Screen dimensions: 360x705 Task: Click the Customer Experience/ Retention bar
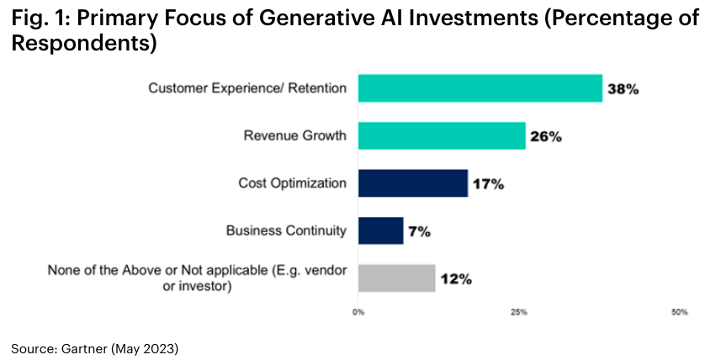tap(480, 88)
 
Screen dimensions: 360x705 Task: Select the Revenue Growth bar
tap(442, 135)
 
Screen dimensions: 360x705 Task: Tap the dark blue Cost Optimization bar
tap(412, 183)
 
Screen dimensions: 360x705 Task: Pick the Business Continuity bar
tap(380, 230)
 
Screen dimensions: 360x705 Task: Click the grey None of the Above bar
tap(396, 278)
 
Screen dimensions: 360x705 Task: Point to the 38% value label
tap(623, 88)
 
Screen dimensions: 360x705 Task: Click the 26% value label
tap(545, 136)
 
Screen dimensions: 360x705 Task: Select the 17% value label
tap(487, 183)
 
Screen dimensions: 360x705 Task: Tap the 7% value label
tap(420, 231)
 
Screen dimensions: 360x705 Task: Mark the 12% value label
tap(454, 278)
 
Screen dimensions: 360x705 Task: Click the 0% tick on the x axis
tap(358, 313)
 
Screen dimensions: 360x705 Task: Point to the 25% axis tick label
tap(519, 313)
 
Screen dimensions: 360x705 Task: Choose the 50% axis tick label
tap(680, 313)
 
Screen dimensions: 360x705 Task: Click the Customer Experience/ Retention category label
tap(247, 88)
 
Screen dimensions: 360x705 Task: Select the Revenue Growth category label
tap(294, 135)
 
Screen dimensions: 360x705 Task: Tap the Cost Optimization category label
tap(292, 183)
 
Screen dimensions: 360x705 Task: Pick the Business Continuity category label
tap(286, 230)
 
